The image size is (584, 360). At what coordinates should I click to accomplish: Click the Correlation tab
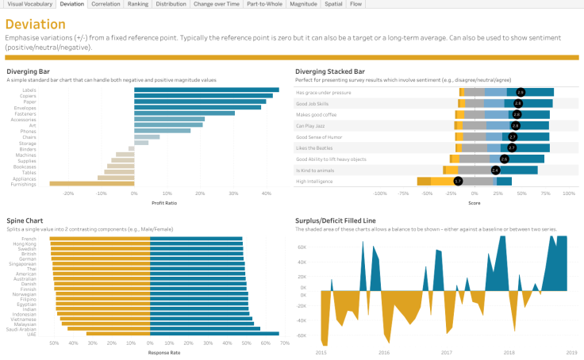click(x=106, y=4)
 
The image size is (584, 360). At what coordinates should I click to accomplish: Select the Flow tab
click(x=356, y=4)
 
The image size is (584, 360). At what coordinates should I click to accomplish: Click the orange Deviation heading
click(x=36, y=25)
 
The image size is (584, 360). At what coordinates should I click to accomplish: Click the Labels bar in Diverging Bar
click(x=206, y=90)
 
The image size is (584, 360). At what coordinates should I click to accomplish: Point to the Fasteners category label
click(x=25, y=113)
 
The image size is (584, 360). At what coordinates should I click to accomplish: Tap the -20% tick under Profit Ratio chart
click(x=68, y=193)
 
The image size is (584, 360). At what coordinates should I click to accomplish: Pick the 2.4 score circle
click(x=496, y=170)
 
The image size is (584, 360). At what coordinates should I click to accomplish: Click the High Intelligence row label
click(x=314, y=182)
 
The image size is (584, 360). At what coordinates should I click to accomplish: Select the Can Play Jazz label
click(x=311, y=125)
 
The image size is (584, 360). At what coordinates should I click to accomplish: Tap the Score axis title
click(x=474, y=202)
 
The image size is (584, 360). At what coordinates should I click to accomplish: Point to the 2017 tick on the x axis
click(x=447, y=352)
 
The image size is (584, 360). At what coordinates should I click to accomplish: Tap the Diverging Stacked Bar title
click(x=335, y=71)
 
